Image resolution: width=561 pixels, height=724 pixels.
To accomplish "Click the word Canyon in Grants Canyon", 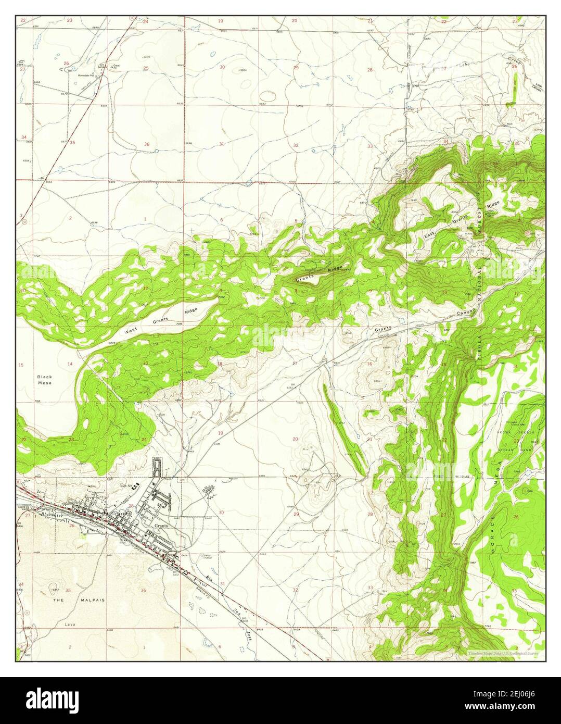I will (x=466, y=311).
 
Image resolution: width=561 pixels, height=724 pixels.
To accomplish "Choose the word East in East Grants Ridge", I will (x=429, y=235).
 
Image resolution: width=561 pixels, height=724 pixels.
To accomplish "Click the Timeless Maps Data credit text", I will (x=502, y=652).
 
